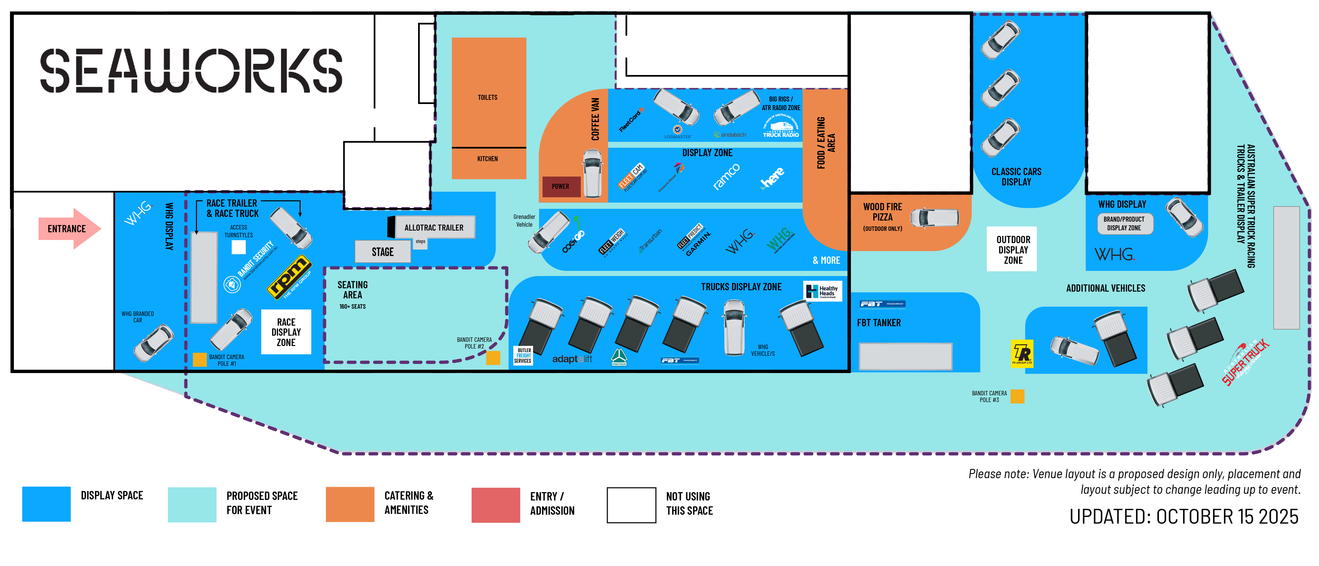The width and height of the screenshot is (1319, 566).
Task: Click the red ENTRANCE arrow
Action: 69,229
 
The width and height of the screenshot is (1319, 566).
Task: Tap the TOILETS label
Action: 488,97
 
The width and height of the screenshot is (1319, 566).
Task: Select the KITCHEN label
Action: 488,159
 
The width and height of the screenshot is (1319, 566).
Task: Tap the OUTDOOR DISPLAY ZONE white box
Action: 1012,249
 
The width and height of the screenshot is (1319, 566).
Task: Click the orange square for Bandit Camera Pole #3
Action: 1017,396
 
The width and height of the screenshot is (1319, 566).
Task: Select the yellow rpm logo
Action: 290,277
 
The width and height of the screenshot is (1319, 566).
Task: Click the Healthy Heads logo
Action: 822,291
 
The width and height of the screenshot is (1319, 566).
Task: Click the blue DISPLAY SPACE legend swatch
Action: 46,504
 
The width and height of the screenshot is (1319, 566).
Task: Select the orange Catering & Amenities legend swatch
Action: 350,504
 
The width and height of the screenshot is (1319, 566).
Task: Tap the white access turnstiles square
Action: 239,247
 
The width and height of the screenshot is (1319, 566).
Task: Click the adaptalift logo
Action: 572,359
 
